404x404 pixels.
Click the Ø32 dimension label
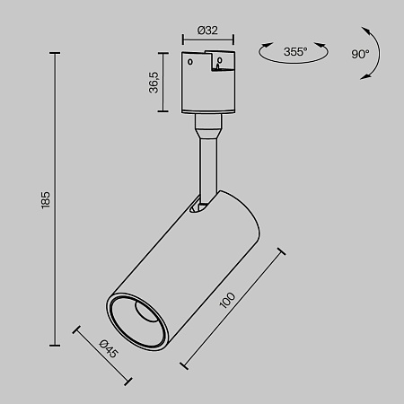[x=208, y=31]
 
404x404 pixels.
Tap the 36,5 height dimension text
[x=154, y=83]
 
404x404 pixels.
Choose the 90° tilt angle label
[x=360, y=53]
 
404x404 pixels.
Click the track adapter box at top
[x=207, y=83]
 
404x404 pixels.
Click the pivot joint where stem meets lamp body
[x=203, y=206]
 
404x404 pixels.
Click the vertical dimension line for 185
[x=57, y=199]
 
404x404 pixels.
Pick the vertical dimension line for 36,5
[x=163, y=83]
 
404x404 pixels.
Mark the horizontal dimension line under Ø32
[x=207, y=40]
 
